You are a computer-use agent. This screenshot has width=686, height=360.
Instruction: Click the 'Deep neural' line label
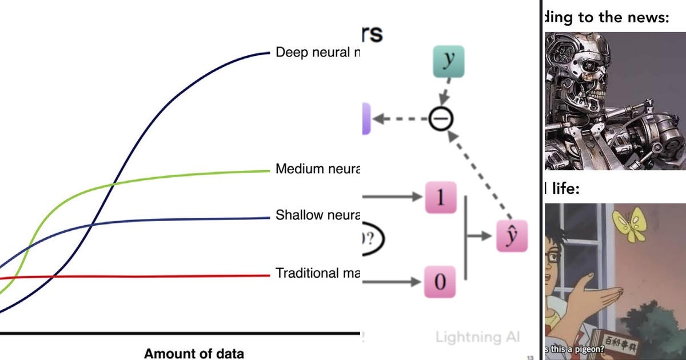pyautogui.click(x=318, y=53)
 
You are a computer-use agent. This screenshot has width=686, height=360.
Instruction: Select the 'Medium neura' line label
pyautogui.click(x=318, y=169)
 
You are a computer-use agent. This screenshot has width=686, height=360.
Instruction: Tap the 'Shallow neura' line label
pyautogui.click(x=318, y=215)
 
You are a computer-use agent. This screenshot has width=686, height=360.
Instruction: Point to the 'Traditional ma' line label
pyautogui.click(x=318, y=273)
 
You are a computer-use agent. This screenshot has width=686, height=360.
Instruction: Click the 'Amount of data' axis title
pyautogui.click(x=194, y=353)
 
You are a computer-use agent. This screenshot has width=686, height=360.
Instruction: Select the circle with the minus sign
pyautogui.click(x=441, y=119)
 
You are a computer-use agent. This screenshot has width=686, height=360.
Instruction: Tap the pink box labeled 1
pyautogui.click(x=440, y=198)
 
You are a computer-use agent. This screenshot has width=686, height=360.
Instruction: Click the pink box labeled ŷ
pyautogui.click(x=512, y=235)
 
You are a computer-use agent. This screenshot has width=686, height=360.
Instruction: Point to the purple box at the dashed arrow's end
pyautogui.click(x=366, y=119)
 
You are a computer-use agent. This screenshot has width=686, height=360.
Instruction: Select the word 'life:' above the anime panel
pyautogui.click(x=564, y=189)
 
